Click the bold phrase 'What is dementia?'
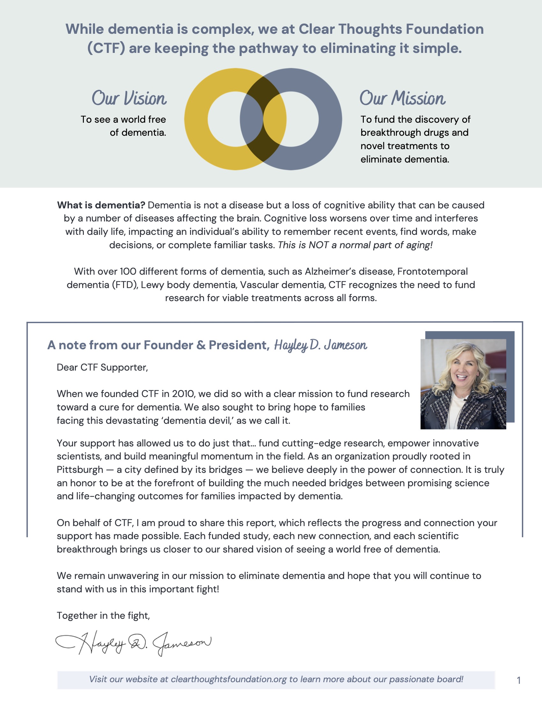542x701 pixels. click(101, 205)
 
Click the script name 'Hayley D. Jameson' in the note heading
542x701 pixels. click(320, 345)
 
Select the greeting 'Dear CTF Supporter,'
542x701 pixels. click(102, 367)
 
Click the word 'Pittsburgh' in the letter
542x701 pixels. click(80, 470)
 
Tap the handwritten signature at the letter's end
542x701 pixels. click(133, 643)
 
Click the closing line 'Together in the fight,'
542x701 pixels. click(103, 616)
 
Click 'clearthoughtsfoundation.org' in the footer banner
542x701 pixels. click(229, 679)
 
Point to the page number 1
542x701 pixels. click(518, 680)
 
